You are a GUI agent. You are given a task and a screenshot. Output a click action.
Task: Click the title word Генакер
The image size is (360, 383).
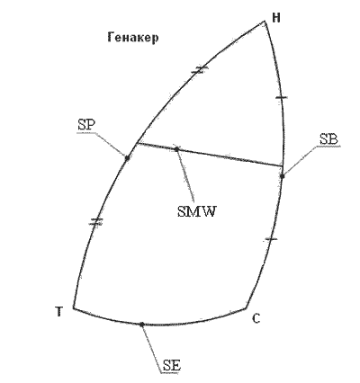coord(133,38)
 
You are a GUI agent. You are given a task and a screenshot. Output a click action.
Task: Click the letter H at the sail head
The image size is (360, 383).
coord(276,18)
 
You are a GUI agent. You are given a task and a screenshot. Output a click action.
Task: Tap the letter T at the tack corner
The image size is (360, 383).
coord(59,312)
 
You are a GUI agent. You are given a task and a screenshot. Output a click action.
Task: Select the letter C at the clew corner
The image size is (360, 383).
coord(256,318)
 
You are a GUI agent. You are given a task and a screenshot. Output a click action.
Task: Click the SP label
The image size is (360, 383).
coord(86,125)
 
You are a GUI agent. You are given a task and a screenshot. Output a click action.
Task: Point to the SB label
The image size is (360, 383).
coord(328,139)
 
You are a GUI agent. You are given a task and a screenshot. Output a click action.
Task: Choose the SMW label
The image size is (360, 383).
coord(196,212)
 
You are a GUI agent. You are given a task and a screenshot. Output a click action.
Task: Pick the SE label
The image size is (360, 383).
coord(172,366)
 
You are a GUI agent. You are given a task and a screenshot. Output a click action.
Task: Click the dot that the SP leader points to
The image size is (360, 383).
coord(127,157)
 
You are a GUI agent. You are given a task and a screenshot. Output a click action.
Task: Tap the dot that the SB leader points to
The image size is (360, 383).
coord(283,176)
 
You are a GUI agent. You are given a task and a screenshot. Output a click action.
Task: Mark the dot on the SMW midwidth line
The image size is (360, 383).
coord(176,149)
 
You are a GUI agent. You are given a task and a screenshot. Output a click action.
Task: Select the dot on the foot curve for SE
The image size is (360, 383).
coord(142,324)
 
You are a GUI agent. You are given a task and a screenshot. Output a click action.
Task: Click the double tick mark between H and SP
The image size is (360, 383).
coord(200,70)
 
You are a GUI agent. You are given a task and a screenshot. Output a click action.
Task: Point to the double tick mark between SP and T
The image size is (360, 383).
coord(96,222)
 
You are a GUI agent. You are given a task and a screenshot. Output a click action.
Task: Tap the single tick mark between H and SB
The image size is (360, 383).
coord(282,97)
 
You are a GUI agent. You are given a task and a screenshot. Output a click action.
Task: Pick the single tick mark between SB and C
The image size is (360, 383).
coord(271,239)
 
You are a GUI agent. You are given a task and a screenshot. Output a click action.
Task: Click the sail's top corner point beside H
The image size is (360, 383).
coord(265,22)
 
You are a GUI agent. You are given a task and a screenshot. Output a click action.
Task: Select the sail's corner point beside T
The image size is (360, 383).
coord(74,307)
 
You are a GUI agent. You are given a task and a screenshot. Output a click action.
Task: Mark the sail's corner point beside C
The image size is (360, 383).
coord(247,307)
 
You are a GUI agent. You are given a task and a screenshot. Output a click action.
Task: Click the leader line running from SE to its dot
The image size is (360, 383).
coord(151,348)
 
